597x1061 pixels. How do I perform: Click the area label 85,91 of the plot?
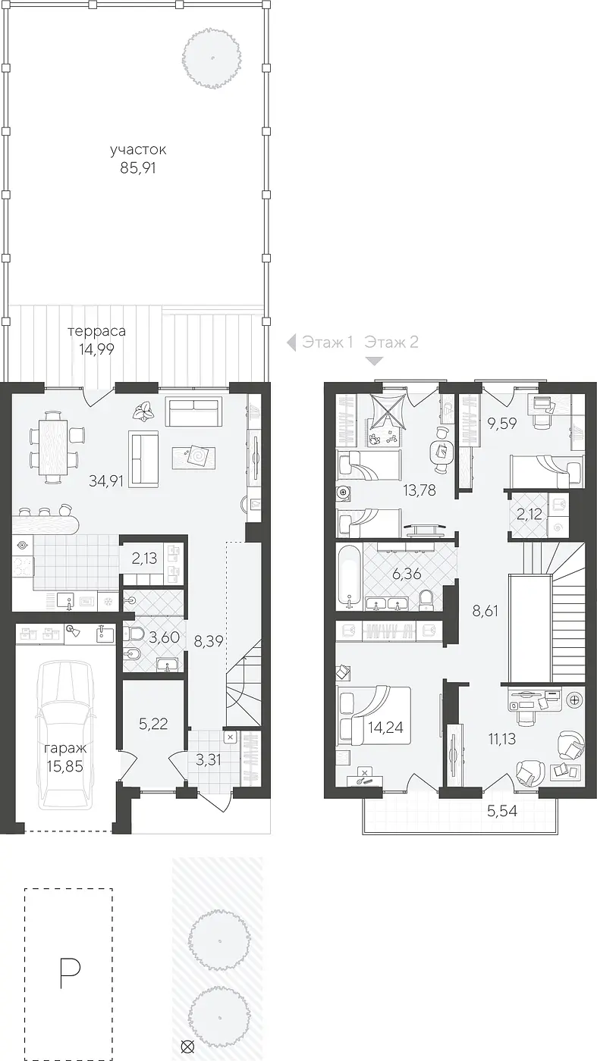coord(138,168)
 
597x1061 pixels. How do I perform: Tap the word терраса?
coord(97,330)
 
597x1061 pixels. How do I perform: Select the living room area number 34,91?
coord(106,481)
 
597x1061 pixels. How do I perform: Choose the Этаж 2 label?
coord(391,342)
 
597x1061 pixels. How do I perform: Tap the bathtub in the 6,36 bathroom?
coord(350,577)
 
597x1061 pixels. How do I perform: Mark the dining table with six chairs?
coord(53,446)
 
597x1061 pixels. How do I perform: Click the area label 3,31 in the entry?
coord(209,759)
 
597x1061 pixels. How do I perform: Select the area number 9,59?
coord(502,423)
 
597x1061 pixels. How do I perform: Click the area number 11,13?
coord(502,738)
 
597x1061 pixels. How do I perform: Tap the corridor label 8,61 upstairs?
coord(485,611)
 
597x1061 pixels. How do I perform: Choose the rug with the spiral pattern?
coord(193,458)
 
